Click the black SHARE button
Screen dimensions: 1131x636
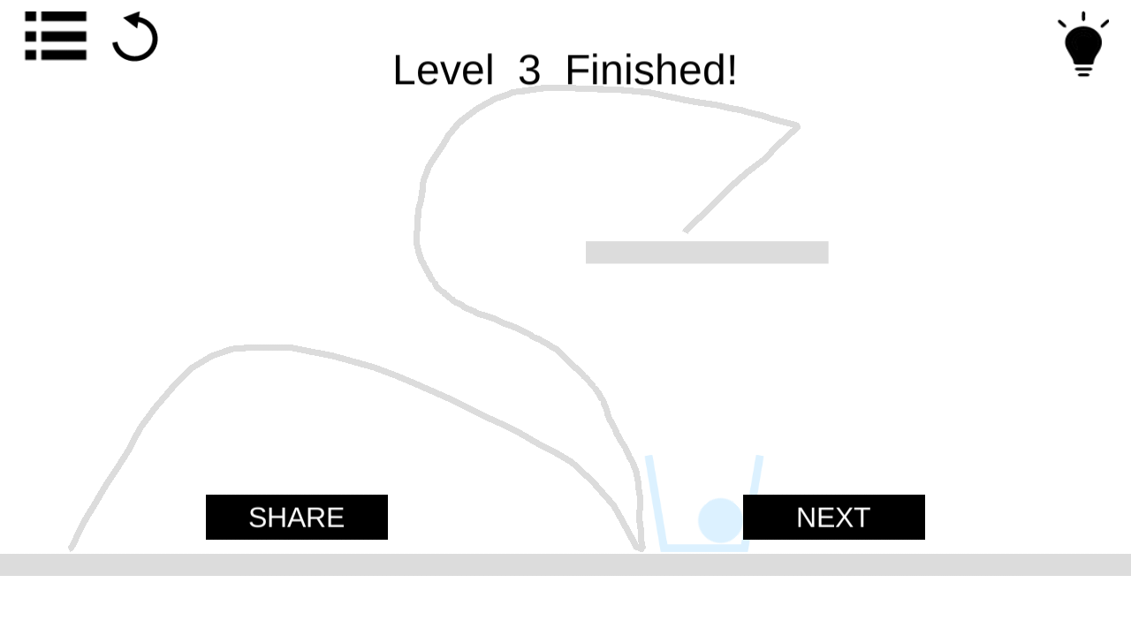(296, 517)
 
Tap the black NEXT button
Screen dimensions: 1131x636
(833, 517)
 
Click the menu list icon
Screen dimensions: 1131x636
(56, 36)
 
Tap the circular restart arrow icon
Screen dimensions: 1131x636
(135, 37)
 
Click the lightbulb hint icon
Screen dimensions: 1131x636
(1083, 44)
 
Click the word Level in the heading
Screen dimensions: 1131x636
(443, 70)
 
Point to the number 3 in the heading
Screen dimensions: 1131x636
(529, 70)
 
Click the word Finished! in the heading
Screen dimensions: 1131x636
(651, 70)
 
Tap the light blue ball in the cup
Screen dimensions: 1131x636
(720, 520)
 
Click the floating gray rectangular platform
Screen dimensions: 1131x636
(707, 252)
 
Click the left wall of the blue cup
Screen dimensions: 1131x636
(656, 503)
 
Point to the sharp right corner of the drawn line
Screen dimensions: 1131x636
(797, 125)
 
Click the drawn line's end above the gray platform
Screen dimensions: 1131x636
(686, 231)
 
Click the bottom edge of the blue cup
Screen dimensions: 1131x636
(704, 548)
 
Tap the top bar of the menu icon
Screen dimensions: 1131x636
(56, 17)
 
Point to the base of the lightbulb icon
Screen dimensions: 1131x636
(1083, 70)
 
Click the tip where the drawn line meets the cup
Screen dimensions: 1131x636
(641, 549)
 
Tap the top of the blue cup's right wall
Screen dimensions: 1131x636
(759, 458)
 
